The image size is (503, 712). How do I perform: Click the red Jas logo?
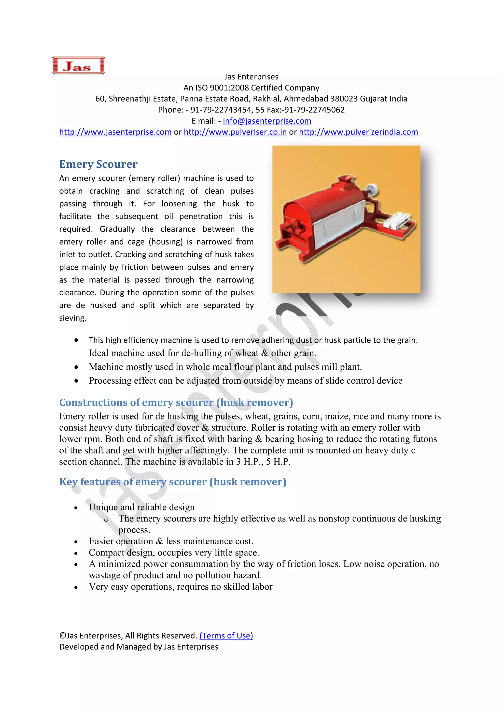pyautogui.click(x=78, y=65)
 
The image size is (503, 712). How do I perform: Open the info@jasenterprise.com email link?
pyautogui.click(x=267, y=121)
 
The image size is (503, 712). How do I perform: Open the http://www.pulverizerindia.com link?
pyautogui.click(x=358, y=132)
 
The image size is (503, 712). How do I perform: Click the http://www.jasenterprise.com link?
pyautogui.click(x=115, y=132)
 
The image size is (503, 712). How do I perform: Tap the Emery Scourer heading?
pyautogui.click(x=98, y=164)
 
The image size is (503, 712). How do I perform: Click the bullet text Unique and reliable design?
pyautogui.click(x=142, y=507)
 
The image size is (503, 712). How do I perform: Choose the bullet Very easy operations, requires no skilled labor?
pyautogui.click(x=180, y=586)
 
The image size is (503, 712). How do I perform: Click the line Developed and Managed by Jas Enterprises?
pyautogui.click(x=139, y=647)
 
